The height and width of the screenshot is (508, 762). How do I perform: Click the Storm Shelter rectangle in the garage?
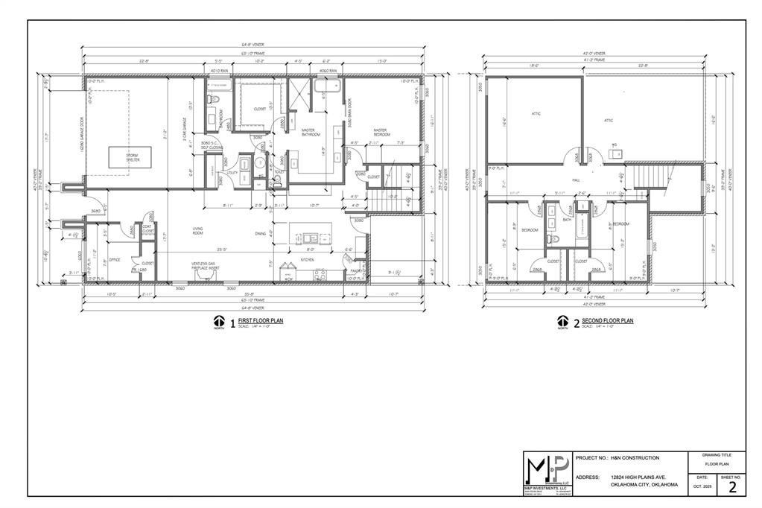[129, 157]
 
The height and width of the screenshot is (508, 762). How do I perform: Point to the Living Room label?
[199, 231]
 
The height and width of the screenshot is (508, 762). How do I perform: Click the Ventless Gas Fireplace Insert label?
[206, 265]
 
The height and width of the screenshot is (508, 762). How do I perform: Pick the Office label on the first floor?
[115, 260]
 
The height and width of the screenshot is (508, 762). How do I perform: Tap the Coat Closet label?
[149, 230]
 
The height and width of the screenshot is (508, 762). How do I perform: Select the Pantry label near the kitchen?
[357, 270]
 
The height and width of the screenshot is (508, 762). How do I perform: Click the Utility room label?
[232, 172]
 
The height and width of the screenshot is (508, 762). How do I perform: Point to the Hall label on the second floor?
[576, 180]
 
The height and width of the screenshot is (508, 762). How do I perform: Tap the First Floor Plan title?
[260, 320]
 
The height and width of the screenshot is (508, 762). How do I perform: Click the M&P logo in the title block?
[547, 470]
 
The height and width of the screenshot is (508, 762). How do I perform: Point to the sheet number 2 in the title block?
[732, 487]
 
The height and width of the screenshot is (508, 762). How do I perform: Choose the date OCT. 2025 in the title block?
[702, 486]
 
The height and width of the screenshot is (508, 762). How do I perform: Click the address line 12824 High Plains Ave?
[638, 477]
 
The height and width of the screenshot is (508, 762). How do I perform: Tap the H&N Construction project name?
[635, 457]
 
